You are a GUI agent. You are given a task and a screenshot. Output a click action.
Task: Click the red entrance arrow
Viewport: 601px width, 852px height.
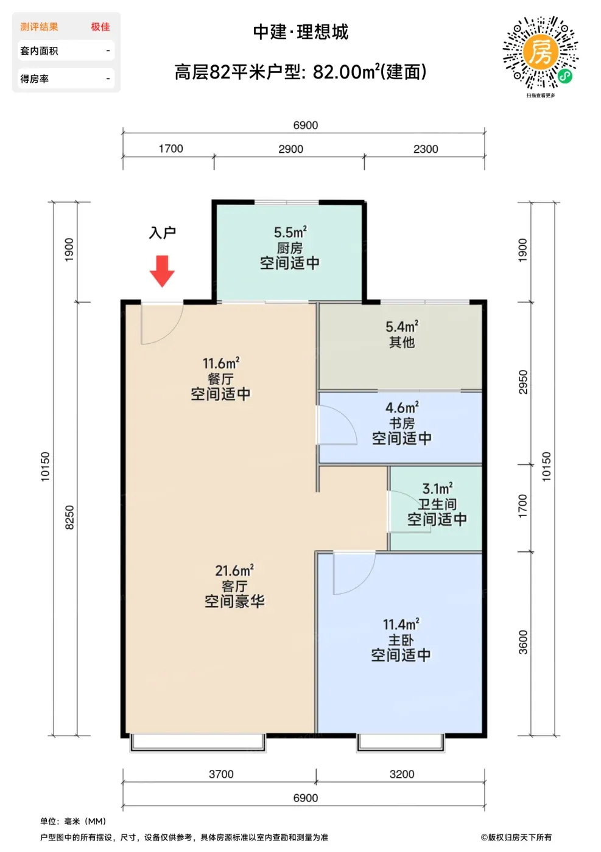162,271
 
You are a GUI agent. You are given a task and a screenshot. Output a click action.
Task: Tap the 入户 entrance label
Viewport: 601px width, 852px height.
162,232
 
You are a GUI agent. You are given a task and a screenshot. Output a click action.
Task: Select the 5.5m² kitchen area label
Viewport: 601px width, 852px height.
290,232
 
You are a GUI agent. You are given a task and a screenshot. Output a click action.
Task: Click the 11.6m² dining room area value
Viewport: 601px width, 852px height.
221,363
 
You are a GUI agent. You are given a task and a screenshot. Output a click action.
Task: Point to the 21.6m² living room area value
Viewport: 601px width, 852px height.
234,570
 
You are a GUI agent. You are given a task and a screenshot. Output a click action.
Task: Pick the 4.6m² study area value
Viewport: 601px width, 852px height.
402,407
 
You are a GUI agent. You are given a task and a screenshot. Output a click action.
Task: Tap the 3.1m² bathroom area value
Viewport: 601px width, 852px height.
437,488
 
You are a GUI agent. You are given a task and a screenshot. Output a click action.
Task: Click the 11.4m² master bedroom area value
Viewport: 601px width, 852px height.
401,624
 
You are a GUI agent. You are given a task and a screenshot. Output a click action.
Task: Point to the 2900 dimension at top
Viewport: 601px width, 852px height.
291,148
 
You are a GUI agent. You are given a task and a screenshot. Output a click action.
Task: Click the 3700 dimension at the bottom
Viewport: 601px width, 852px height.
221,774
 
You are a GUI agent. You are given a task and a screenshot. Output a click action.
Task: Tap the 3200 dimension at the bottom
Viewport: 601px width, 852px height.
402,774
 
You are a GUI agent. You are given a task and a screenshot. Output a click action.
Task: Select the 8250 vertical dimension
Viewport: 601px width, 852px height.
69,517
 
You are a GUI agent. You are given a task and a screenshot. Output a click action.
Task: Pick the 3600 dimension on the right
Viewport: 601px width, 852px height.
523,642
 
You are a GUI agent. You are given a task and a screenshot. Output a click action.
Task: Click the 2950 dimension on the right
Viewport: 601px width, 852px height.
523,382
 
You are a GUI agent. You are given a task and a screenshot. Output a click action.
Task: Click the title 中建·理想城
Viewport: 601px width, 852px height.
301,32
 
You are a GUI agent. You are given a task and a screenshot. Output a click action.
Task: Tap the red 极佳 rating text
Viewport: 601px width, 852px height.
100,27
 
